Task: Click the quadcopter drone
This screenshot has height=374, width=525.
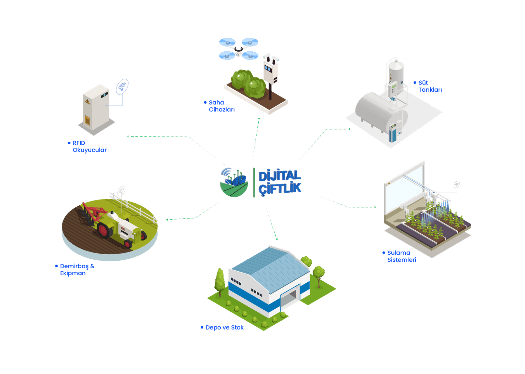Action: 238,49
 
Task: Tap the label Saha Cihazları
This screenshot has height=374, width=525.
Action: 222,106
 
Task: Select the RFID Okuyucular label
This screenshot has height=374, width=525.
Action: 90,146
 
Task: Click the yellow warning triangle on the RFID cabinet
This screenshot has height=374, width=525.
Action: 87,102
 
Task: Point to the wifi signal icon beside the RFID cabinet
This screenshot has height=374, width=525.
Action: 122,87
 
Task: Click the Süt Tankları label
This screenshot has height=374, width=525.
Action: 430,86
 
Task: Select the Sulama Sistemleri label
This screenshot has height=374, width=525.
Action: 402,256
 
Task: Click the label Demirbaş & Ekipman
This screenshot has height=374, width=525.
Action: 77,270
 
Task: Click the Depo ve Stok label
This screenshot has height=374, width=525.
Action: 224,327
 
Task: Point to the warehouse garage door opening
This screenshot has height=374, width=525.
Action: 290,298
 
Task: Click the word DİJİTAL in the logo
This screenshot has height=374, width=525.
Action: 280,176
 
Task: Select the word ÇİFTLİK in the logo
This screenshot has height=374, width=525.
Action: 280,189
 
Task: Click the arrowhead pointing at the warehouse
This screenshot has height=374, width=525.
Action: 277,239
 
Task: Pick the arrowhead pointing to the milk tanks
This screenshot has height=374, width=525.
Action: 349,129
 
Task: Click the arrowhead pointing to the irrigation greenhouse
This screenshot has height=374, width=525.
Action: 375,207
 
